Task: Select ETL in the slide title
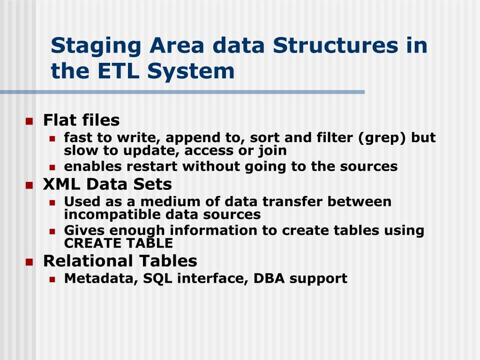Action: [x=117, y=71]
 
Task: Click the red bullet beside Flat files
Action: [x=29, y=121]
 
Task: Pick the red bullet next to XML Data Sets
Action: [x=29, y=185]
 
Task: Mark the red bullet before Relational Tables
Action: [x=29, y=262]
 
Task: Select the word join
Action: [x=272, y=150]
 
